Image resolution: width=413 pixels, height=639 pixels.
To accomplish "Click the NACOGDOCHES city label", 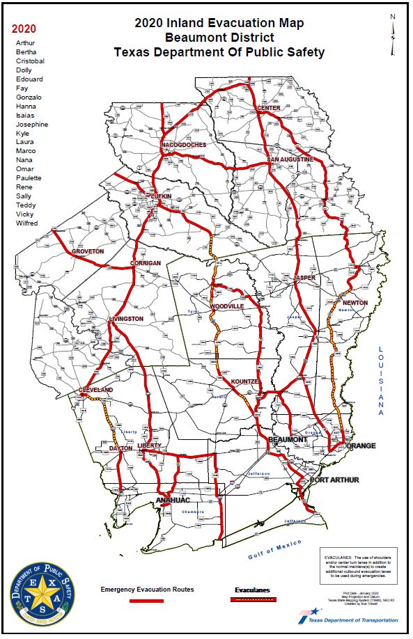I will pos(184,145).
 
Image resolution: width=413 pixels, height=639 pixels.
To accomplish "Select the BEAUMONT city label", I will pos(288,441).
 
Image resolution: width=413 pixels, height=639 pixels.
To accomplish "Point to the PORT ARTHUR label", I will pos(335,480).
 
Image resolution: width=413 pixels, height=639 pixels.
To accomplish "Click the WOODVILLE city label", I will pos(227,306).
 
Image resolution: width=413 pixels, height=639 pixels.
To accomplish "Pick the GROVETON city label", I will pos(88,251).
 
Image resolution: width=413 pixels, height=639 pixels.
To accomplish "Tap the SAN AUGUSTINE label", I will pos(290,160).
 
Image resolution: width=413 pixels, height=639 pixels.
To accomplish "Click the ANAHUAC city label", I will pos(173,500).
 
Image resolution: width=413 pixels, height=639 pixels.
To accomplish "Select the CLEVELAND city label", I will pos(96,390).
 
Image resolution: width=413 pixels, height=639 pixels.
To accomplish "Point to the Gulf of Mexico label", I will pos(276,549).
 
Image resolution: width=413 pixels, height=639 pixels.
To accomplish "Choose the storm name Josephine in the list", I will pos(32,124).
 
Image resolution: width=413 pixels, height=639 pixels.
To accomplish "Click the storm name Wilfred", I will pos(27,223).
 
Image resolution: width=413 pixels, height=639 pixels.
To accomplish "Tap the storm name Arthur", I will pos(25,43).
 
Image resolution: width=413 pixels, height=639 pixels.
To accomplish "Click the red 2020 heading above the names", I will pos(24,29).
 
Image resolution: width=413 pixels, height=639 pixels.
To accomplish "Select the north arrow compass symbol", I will pos(393,35).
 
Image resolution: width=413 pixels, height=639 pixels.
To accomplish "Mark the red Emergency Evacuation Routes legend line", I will pos(147,600).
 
